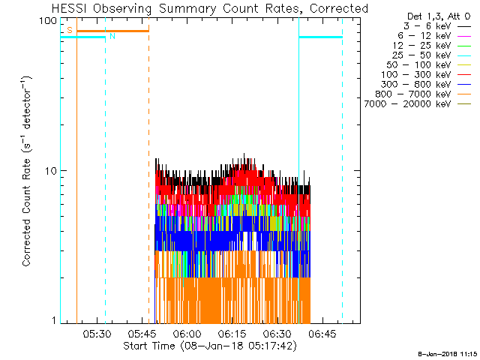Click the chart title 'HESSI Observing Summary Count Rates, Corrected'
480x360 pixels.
[x=210, y=8]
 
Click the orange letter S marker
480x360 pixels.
[x=69, y=30]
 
